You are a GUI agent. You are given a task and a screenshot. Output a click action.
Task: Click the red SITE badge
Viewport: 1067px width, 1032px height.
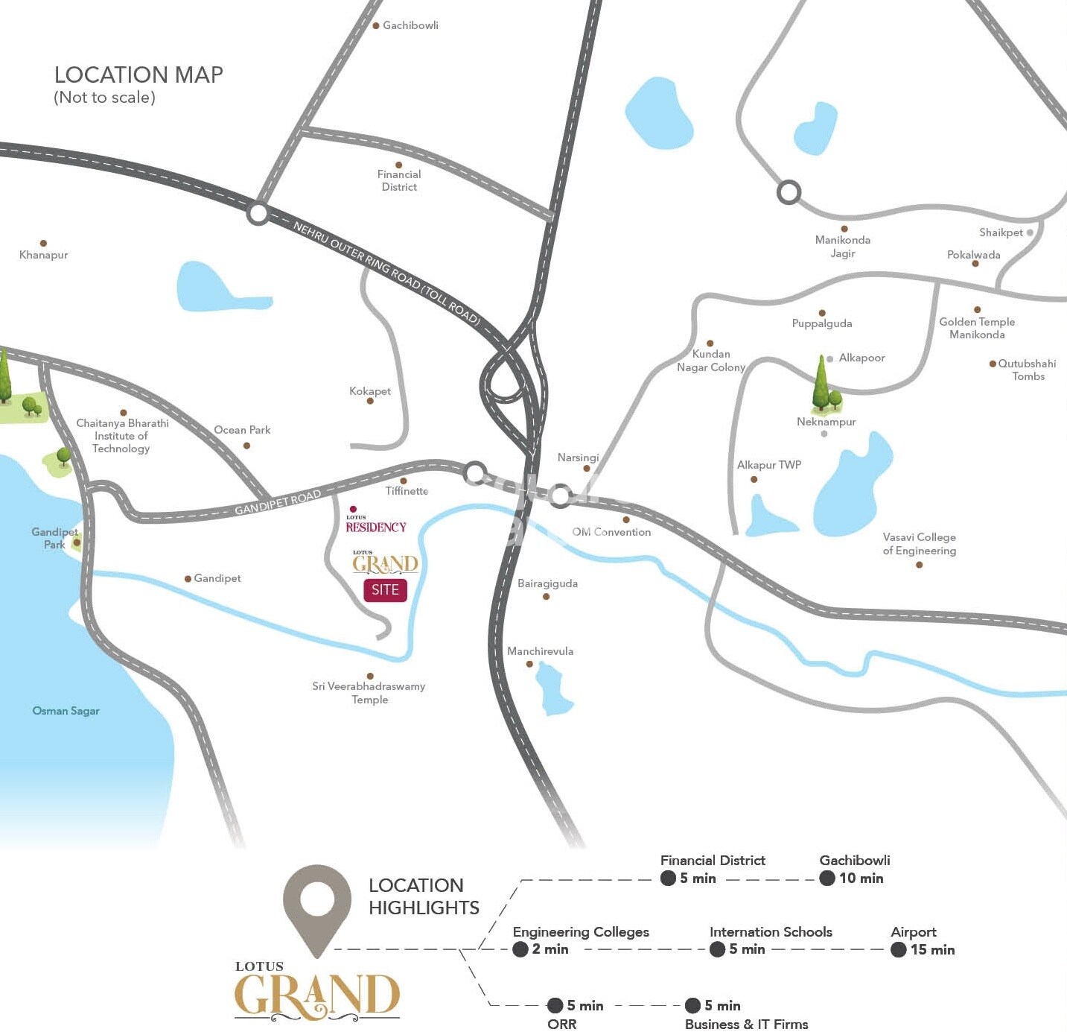pos(385,589)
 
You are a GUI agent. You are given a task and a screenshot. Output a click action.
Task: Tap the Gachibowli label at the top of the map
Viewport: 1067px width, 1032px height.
pos(410,25)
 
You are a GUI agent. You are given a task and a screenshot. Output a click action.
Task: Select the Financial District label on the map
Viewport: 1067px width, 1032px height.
pos(399,180)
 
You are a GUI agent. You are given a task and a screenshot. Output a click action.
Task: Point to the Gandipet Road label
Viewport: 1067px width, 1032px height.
pos(278,503)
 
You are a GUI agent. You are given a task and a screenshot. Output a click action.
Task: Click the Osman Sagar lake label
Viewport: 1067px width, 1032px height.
pos(66,711)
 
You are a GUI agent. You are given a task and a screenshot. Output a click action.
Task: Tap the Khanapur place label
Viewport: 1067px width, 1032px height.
pos(43,255)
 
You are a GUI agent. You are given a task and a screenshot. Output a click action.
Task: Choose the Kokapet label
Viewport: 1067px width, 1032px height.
pos(370,391)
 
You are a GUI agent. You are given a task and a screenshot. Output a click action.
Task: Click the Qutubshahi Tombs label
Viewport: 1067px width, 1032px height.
pos(1027,370)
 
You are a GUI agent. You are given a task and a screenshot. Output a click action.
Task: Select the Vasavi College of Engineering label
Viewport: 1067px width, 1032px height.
pos(920,544)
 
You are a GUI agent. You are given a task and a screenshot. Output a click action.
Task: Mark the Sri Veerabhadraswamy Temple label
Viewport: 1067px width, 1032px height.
pos(369,693)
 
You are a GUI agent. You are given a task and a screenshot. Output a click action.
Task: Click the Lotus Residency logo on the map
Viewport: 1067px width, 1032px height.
pos(375,525)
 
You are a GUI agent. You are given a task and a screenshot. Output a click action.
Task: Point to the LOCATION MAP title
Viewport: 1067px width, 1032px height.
pos(138,75)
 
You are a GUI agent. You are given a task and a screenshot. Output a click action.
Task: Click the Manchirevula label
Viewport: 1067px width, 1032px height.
pos(540,651)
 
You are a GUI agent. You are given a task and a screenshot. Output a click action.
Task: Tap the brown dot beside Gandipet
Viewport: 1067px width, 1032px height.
pos(188,579)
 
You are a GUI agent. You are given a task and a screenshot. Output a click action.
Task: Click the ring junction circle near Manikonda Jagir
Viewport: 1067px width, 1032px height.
pos(789,192)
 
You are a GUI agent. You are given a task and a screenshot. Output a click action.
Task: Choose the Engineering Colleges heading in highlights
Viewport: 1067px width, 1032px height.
pos(581,932)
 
